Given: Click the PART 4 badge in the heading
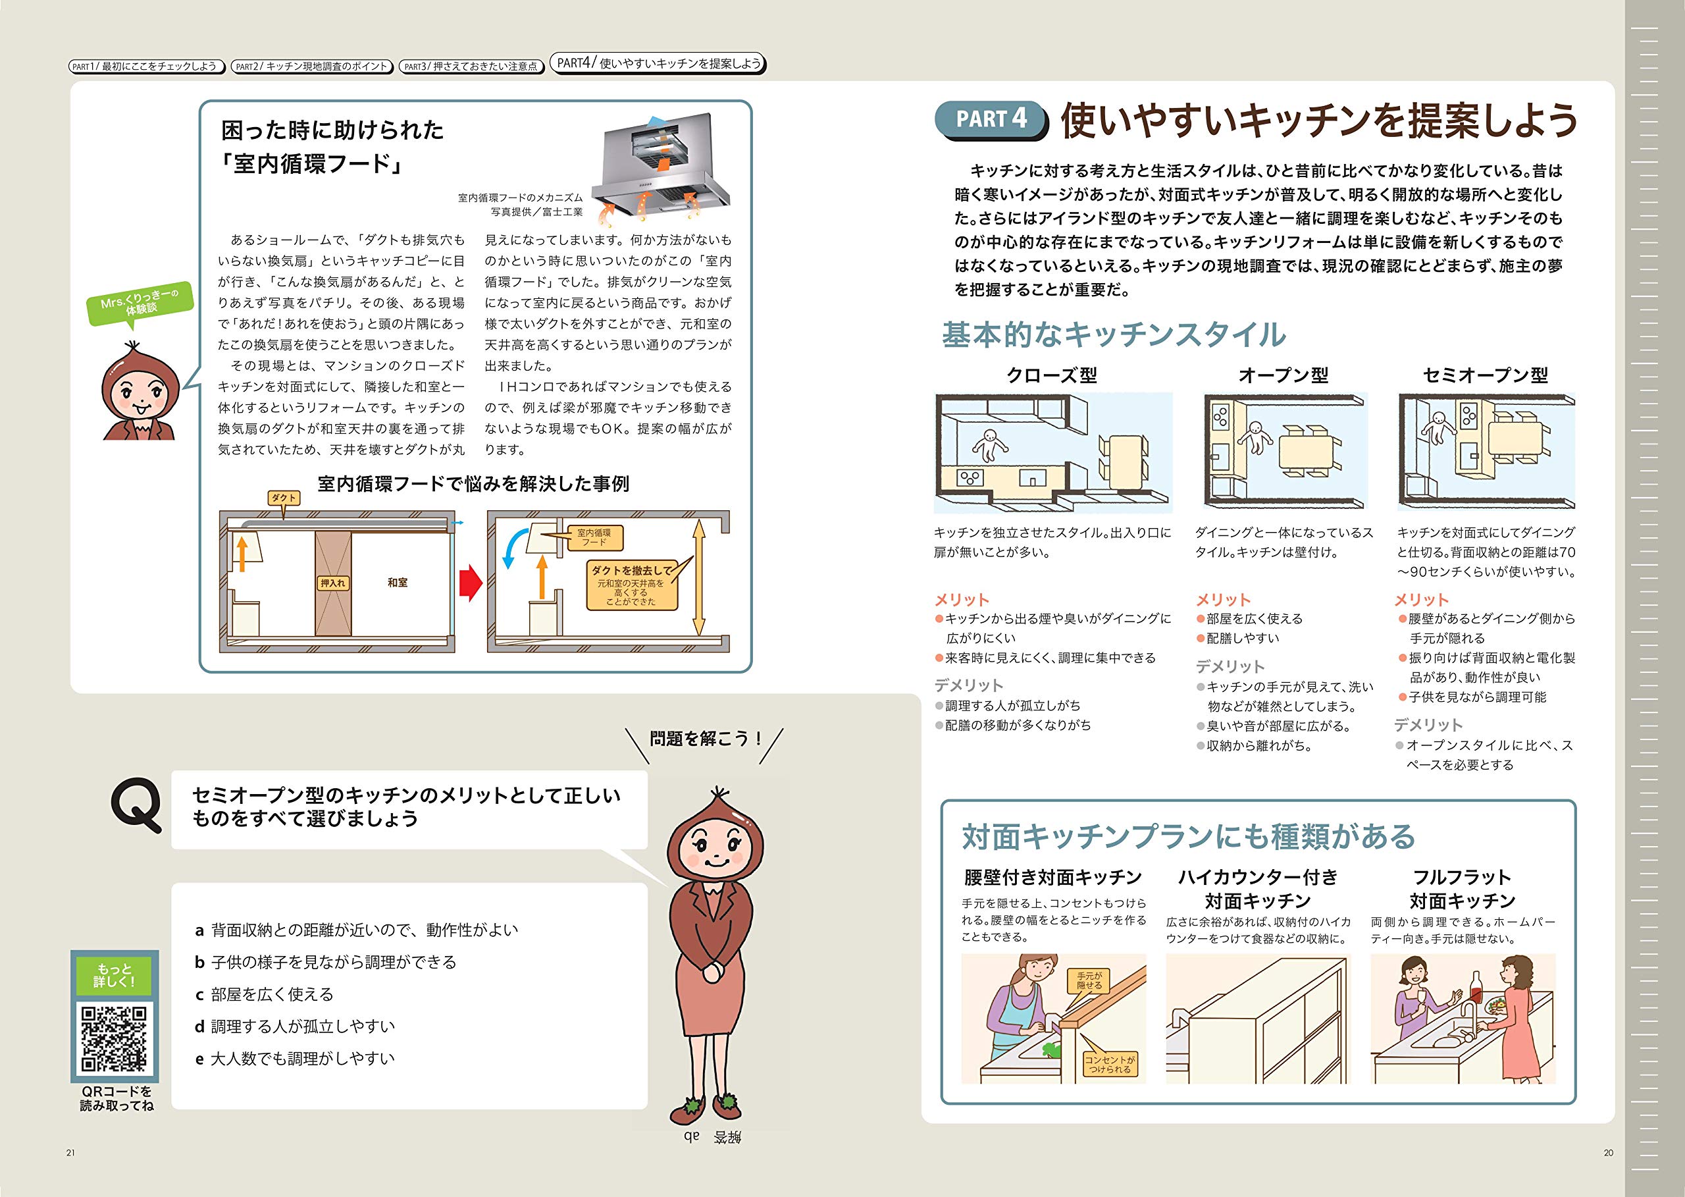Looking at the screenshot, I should point(990,120).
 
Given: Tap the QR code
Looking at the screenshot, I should point(115,1038).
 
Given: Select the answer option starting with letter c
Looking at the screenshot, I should point(264,994).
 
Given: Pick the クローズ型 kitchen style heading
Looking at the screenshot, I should point(1051,375).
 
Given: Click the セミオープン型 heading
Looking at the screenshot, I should point(1485,375).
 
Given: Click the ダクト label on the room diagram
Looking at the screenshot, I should point(283,498).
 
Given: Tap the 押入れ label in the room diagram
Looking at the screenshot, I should point(332,583).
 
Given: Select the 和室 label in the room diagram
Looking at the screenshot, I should point(397,582).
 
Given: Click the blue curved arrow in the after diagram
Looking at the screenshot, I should point(510,550).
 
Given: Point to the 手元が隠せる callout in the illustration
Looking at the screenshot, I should point(1089,980).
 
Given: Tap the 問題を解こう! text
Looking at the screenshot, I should point(704,738).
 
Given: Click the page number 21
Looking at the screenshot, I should point(70,1153).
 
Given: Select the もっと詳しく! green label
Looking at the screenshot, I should point(115,975).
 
